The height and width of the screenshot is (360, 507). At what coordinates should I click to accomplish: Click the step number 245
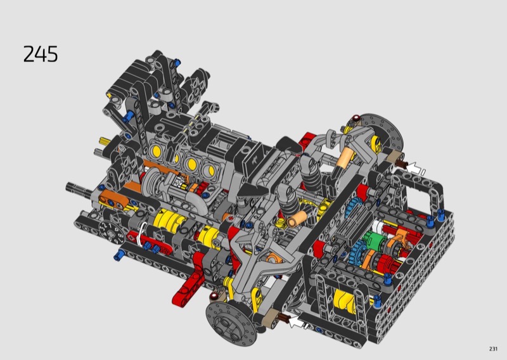point(41,54)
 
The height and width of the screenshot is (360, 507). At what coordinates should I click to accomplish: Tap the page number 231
point(493,349)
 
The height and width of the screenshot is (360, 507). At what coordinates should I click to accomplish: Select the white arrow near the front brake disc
point(297,321)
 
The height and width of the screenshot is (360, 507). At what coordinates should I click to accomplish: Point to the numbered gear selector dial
point(110,231)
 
